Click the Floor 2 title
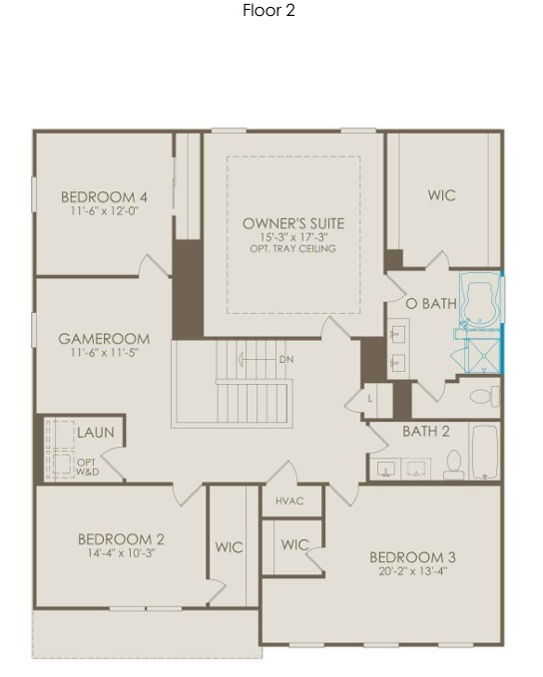point(269,10)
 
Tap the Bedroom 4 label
point(104,197)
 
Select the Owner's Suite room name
point(293,223)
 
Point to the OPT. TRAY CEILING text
point(292,248)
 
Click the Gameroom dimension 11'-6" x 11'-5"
point(104,353)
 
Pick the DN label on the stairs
point(286,359)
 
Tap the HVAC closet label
point(289,502)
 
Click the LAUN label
point(96,432)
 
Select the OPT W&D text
point(87,468)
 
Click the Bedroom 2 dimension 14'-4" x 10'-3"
point(121,553)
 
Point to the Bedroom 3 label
point(412,557)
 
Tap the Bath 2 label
point(426,431)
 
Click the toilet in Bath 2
point(454,465)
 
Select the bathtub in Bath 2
point(485,452)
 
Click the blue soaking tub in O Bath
point(479,300)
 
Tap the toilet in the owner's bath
point(485,397)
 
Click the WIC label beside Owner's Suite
point(442,195)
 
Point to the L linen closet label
point(369,400)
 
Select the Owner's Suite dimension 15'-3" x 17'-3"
point(294,237)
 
